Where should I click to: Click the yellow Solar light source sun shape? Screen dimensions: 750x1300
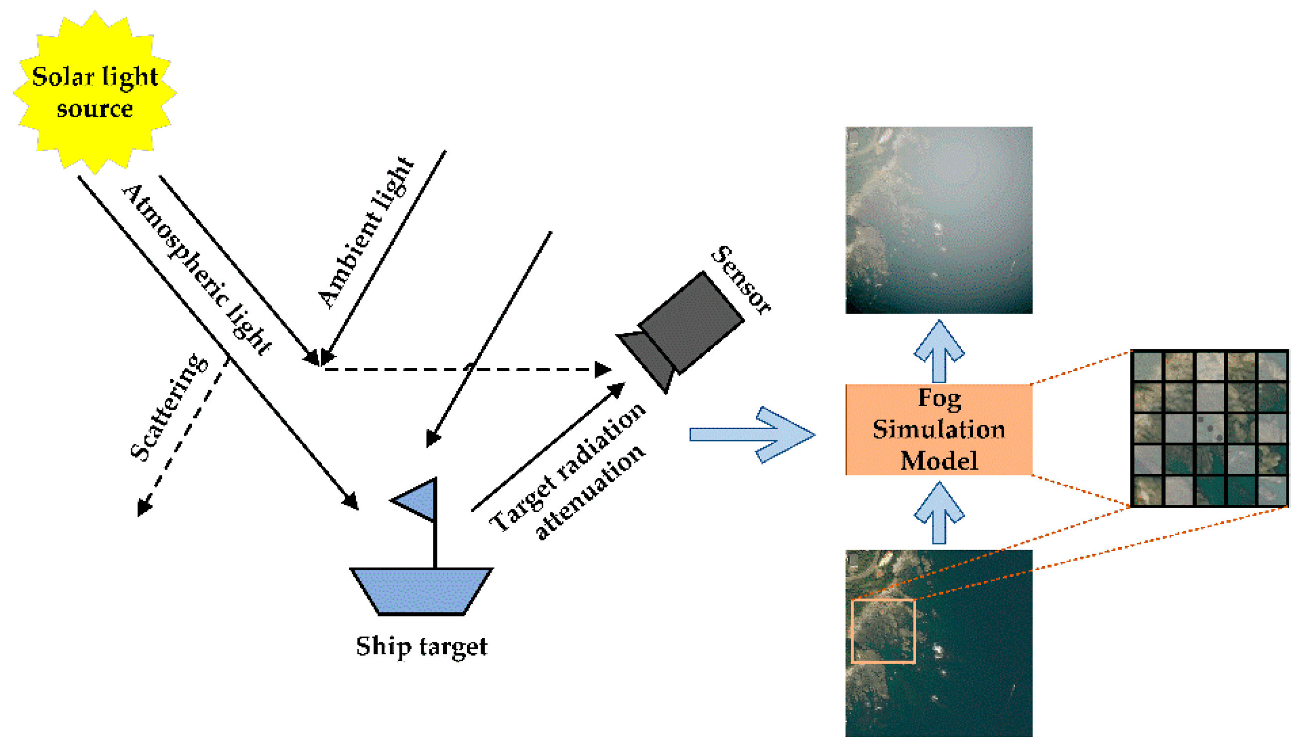click(x=95, y=93)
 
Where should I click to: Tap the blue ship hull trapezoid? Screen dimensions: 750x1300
click(x=421, y=592)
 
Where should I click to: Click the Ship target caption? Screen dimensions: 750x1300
click(x=421, y=646)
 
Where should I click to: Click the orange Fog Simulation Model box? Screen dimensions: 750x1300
click(x=938, y=429)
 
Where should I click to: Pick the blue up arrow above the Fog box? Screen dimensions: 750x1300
click(x=938, y=350)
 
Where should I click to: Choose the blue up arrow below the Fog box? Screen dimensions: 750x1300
click(x=938, y=512)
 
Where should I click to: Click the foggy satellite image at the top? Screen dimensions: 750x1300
click(x=938, y=220)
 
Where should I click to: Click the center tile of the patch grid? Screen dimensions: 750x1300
click(x=1209, y=428)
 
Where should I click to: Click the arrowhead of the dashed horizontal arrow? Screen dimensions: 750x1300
click(x=602, y=369)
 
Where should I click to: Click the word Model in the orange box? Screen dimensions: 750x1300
click(x=938, y=460)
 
